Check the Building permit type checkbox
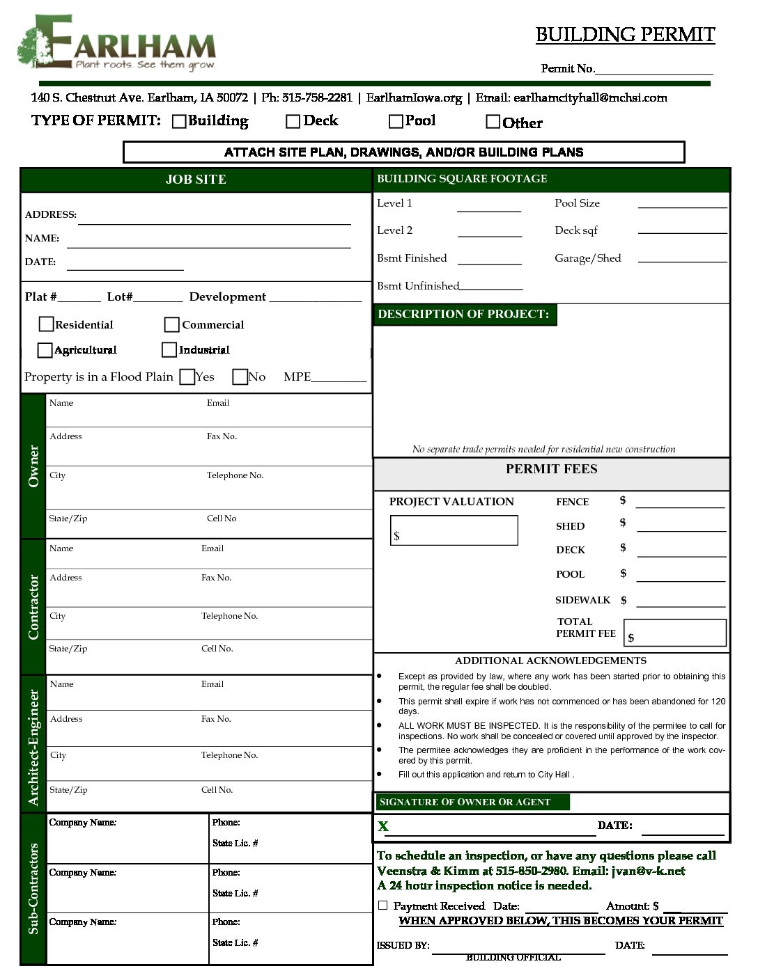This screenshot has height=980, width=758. tap(179, 122)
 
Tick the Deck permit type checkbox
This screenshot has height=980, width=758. tap(293, 122)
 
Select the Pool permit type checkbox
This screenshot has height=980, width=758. tap(396, 122)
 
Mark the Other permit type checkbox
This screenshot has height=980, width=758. tap(493, 122)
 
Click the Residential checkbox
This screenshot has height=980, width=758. tap(47, 324)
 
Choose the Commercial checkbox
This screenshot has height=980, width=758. tap(171, 325)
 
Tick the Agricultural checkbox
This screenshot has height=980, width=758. tap(45, 349)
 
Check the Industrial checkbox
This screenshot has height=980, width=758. tap(169, 349)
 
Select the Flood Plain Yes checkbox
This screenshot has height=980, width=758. tap(187, 377)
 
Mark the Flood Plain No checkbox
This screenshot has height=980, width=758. tap(240, 377)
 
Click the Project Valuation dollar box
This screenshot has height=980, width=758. tap(454, 530)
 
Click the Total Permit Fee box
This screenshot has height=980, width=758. tap(674, 633)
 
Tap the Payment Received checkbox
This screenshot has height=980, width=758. tap(382, 906)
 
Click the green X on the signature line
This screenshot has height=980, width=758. tap(382, 826)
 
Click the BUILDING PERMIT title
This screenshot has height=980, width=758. tap(625, 35)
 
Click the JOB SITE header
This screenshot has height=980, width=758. tap(196, 180)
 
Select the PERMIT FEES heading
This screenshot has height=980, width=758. tap(551, 469)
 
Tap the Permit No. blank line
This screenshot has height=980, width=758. tap(654, 69)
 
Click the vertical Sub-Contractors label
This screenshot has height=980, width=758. tap(33, 888)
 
